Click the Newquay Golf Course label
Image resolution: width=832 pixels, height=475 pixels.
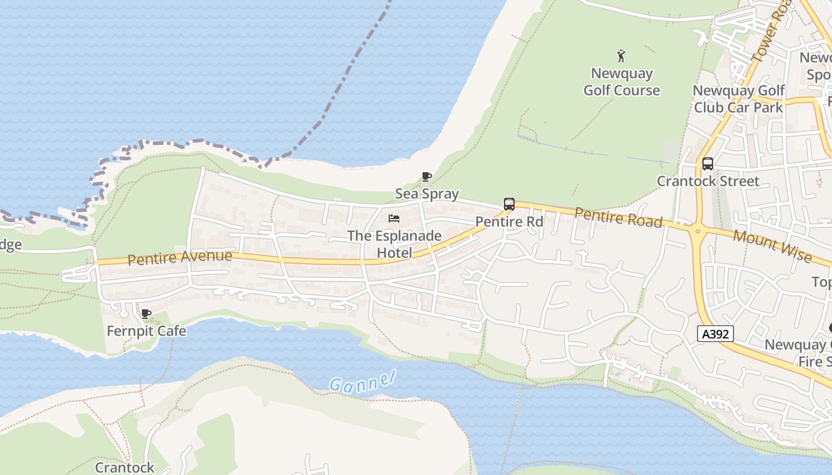coord(622,82)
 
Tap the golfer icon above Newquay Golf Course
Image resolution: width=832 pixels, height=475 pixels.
coord(621,56)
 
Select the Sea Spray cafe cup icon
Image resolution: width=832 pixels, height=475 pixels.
coord(426,176)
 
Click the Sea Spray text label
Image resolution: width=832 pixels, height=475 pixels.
coord(427,194)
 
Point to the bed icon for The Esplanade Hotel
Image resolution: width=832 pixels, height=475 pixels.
coord(394,218)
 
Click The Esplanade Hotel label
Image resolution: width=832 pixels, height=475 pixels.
coord(394,244)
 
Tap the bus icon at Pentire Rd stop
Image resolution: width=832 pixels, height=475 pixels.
coord(509,204)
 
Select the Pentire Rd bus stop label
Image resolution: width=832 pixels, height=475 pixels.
coord(509,221)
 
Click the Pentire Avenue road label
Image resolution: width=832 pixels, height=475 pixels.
coord(179,258)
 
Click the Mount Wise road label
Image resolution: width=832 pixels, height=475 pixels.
coord(772,246)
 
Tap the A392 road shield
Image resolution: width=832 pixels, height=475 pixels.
coord(716,334)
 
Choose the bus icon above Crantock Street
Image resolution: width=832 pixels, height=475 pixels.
coord(707,164)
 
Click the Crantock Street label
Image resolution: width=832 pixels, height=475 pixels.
coord(708,181)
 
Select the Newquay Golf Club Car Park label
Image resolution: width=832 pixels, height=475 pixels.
coord(739,99)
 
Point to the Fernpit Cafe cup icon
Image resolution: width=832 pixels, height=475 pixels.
coord(146,313)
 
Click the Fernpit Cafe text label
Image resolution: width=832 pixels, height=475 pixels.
coord(146,331)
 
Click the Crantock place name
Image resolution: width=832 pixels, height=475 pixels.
coord(125,467)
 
